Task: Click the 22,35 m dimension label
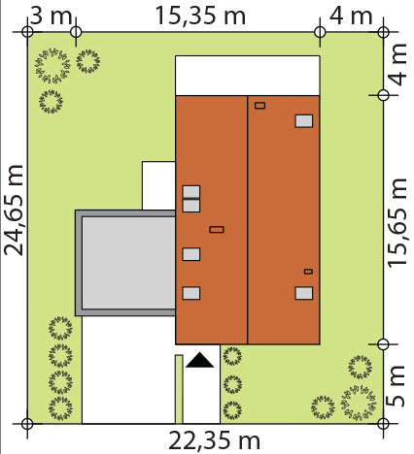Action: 214,441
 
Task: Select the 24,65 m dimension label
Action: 14,211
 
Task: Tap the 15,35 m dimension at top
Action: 200,16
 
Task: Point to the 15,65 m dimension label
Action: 397,223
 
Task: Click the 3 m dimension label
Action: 51,16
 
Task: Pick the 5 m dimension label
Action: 397,386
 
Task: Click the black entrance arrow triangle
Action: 200,360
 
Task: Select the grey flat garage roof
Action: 125,263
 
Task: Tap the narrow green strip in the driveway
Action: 179,389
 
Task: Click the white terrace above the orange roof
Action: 248,76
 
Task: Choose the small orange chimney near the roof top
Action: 259,106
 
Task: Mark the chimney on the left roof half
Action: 217,230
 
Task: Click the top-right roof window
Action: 304,121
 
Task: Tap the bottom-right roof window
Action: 304,293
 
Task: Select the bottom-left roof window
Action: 191,293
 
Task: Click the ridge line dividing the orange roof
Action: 248,220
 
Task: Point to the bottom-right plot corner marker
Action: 383,423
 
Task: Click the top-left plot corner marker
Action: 27,32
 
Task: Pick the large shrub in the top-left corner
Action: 52,66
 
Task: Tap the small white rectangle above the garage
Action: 158,185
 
